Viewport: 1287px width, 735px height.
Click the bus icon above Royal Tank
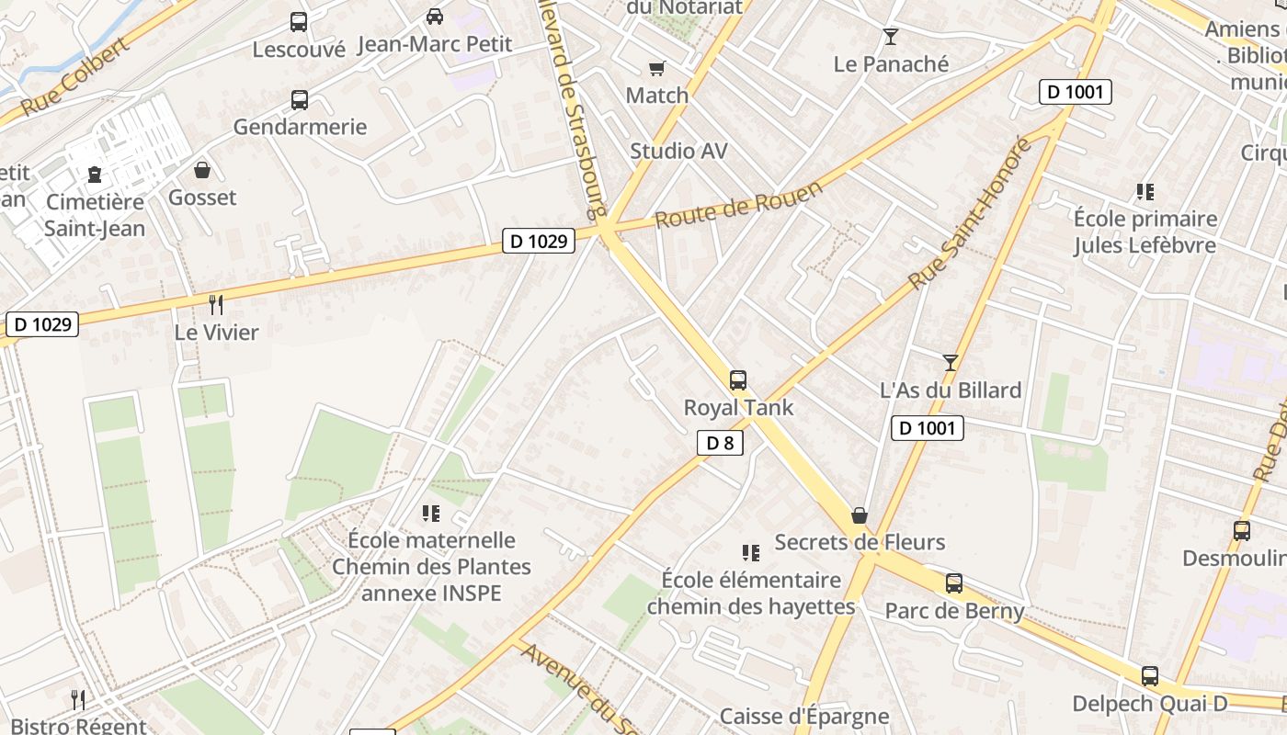click(x=737, y=379)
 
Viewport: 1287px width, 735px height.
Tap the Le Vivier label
click(x=217, y=332)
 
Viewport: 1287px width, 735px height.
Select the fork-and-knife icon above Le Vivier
click(x=216, y=304)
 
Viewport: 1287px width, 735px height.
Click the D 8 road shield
click(x=720, y=444)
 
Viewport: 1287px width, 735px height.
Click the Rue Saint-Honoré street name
click(x=970, y=213)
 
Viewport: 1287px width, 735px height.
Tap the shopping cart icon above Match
click(x=656, y=68)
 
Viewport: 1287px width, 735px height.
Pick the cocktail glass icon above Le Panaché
click(x=890, y=37)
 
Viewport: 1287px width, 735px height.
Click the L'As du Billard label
click(x=951, y=390)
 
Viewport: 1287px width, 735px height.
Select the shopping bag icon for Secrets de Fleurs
click(x=860, y=515)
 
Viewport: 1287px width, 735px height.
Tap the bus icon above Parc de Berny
click(x=954, y=582)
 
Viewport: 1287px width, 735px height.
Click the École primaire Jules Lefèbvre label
click(x=1145, y=232)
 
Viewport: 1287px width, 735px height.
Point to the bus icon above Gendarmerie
click(x=300, y=100)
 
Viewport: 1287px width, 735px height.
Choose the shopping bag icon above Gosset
click(x=202, y=170)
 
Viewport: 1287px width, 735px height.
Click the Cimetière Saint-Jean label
click(x=95, y=215)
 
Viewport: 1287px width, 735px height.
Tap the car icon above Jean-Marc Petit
click(x=435, y=17)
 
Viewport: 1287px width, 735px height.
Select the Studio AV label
click(x=678, y=151)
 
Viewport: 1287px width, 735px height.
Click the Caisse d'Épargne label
click(x=804, y=716)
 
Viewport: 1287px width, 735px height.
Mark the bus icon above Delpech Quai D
click(x=1149, y=676)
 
